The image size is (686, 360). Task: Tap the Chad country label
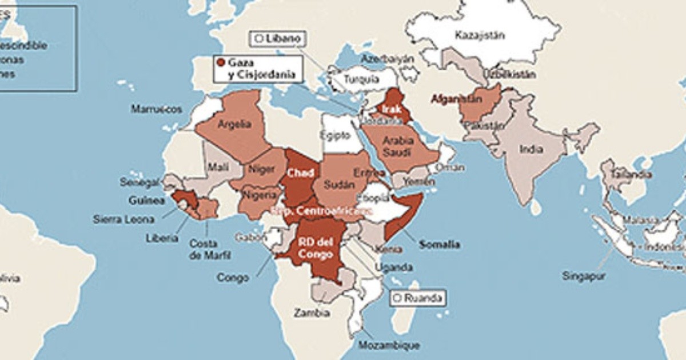(x=300, y=171)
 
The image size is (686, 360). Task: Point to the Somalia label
(x=439, y=245)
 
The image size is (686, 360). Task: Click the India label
(x=531, y=150)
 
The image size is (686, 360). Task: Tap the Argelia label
(x=234, y=124)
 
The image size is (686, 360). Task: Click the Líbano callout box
(x=276, y=39)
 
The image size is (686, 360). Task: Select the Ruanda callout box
(x=417, y=298)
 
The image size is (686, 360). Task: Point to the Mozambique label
(x=389, y=345)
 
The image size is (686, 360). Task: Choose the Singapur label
(x=583, y=275)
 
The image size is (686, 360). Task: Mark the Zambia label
(x=312, y=313)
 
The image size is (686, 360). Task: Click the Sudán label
(x=336, y=184)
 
